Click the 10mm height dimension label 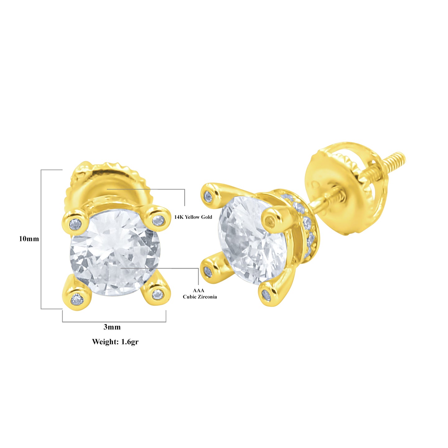[29, 239]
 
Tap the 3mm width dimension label [112, 327]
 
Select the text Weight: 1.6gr [115, 342]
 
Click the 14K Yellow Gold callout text [193, 217]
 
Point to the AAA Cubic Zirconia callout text [200, 294]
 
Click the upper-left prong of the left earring [75, 222]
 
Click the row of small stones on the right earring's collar [306, 224]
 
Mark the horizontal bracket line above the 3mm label [114, 321]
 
